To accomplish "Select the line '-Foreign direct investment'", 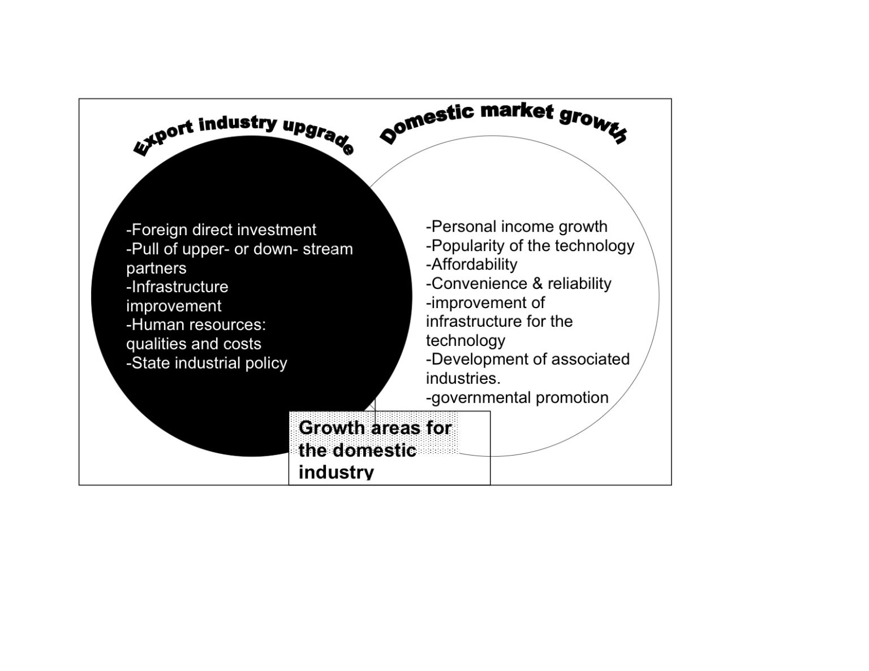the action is [221, 230].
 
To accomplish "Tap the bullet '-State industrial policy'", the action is [207, 363].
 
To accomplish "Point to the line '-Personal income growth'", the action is [517, 227].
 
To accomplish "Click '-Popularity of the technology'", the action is [530, 246].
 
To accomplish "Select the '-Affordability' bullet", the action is [472, 265].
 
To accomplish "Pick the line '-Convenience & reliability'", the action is [519, 284].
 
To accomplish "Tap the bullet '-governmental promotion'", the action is [517, 398].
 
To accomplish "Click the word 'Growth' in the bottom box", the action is [332, 428].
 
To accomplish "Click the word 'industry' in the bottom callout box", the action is [336, 473].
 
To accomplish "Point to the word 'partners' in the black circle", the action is [156, 269].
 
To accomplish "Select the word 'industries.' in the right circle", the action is [463, 379].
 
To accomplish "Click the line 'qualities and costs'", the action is [193, 344].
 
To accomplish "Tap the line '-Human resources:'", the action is [196, 325].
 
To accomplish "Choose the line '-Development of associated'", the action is [528, 360].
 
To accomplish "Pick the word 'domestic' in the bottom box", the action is [375, 451].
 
